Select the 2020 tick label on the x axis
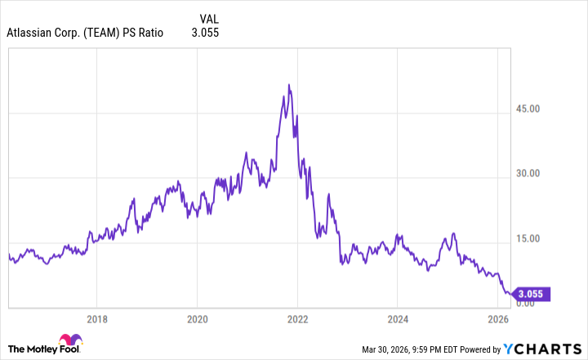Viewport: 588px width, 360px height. coord(197,318)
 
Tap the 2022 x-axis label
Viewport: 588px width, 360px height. coord(297,318)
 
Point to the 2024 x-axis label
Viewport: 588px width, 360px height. coord(398,318)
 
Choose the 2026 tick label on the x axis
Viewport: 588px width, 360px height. coord(498,318)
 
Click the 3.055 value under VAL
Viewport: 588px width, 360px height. coord(205,33)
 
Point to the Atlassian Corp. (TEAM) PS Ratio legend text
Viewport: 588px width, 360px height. coord(85,33)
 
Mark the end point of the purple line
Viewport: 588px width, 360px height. coord(513,294)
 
